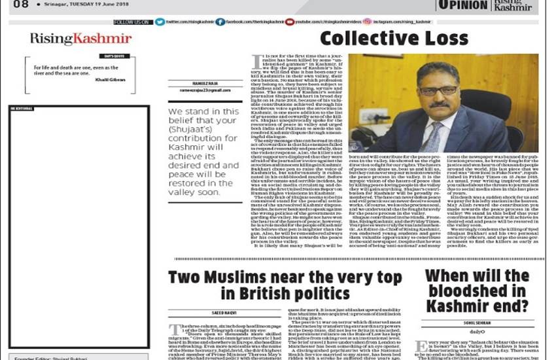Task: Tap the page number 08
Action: tap(20, 5)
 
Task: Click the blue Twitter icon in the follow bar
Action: tap(160, 22)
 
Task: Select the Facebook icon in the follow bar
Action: tap(220, 22)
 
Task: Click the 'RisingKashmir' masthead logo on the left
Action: tap(80, 39)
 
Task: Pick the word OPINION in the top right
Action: tap(462, 5)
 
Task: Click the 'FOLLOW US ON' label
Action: tap(133, 22)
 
